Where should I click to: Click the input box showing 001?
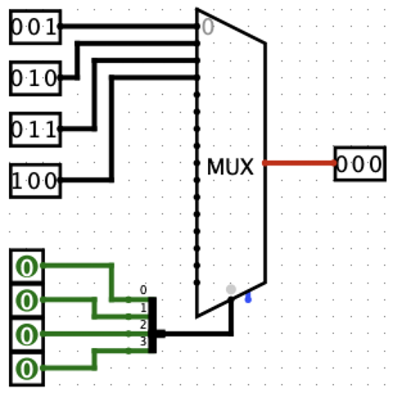click(35, 29)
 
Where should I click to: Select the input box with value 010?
click(35, 79)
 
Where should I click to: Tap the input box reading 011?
click(35, 129)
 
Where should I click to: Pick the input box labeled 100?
click(35, 180)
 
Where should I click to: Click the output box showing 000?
click(359, 165)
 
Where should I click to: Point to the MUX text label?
click(230, 168)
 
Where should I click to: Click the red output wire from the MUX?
click(300, 164)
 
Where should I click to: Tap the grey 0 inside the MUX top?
click(208, 28)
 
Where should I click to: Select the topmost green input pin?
click(27, 266)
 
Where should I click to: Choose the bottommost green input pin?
click(27, 368)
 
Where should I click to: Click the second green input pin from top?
click(27, 300)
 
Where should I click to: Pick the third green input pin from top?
click(27, 334)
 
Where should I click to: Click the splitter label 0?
click(143, 290)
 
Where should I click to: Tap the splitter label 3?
click(143, 341)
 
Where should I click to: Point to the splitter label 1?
click(143, 307)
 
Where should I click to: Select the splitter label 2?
click(143, 324)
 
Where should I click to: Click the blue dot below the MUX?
click(248, 298)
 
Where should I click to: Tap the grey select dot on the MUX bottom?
click(231, 289)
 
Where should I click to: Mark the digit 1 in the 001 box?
click(52, 29)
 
